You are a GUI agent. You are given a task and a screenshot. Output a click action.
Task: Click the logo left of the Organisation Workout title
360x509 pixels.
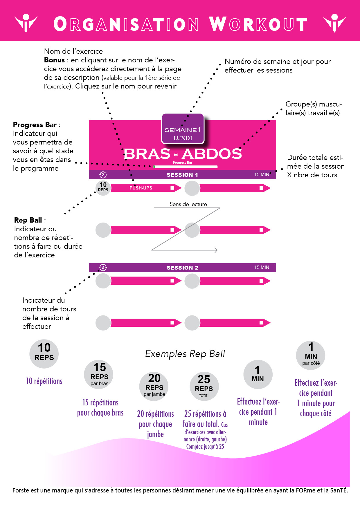pyautogui.click(x=26, y=23)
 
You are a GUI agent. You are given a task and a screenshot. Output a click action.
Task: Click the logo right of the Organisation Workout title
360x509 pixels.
pyautogui.click(x=334, y=23)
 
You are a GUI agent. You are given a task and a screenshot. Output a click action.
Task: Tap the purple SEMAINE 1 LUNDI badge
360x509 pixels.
pyautogui.click(x=183, y=129)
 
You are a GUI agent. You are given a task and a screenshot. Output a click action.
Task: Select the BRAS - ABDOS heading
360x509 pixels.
pyautogui.click(x=183, y=154)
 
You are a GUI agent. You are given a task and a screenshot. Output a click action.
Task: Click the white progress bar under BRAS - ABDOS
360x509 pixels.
pyautogui.click(x=186, y=167)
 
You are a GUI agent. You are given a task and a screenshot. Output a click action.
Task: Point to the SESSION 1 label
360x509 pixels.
pyautogui.click(x=182, y=175)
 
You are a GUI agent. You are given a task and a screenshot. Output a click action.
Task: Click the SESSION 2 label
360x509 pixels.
pyautogui.click(x=182, y=268)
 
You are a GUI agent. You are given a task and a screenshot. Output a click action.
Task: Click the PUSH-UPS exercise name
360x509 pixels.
pyautogui.click(x=141, y=188)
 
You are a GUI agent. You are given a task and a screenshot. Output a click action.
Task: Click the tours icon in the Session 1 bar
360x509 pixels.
pyautogui.click(x=103, y=175)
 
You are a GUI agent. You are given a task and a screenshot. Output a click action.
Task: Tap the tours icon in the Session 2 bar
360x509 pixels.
pyautogui.click(x=103, y=268)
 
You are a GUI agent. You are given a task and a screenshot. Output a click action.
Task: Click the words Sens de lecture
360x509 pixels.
pyautogui.click(x=188, y=204)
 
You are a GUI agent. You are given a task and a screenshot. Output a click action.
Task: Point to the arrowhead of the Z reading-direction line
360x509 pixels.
pyautogui.click(x=216, y=250)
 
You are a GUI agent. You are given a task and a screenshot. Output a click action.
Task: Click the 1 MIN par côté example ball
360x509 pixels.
pyautogui.click(x=311, y=355)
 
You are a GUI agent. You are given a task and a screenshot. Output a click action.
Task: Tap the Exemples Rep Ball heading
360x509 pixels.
pyautogui.click(x=185, y=354)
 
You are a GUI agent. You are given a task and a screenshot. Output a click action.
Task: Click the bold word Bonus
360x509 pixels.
pyautogui.click(x=54, y=60)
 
